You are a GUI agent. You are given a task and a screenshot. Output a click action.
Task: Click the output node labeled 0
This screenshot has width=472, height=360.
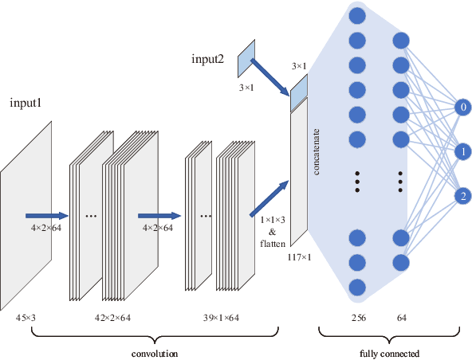tap(462, 106)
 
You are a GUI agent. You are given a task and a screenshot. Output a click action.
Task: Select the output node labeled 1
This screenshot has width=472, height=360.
tap(462, 151)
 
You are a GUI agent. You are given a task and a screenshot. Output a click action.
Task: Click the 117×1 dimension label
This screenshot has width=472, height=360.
tap(298, 256)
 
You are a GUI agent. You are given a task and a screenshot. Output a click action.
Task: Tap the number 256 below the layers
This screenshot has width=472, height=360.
tap(357, 317)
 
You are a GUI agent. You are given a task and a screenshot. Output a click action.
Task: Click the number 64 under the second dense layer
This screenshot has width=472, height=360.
tap(401, 317)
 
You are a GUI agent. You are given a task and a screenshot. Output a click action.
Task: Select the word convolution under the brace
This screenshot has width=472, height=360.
tap(154, 351)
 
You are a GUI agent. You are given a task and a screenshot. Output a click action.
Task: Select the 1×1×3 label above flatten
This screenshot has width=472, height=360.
tap(272, 218)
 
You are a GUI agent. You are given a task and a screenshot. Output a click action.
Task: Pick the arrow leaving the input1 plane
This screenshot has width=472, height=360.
tap(47, 215)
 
